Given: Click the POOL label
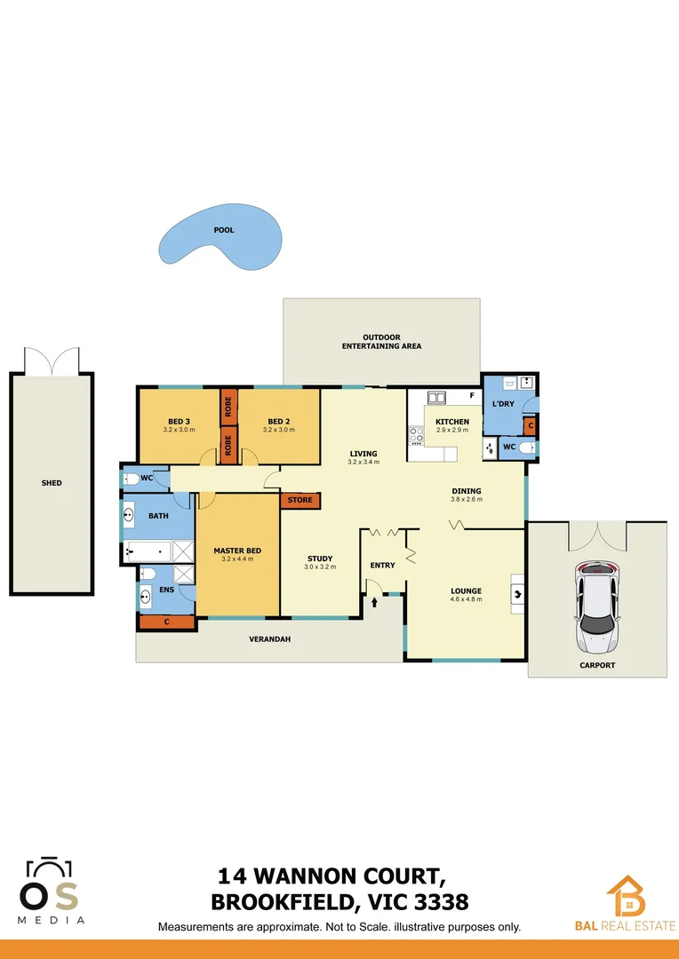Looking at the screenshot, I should click(x=224, y=230).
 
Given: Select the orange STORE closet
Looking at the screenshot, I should click(x=300, y=500).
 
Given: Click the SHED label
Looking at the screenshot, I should click(x=52, y=483).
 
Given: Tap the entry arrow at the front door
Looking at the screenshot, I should click(x=374, y=601).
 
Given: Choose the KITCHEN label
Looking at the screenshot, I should click(x=452, y=422).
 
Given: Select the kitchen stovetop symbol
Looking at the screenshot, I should click(x=416, y=435).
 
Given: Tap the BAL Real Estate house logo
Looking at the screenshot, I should click(x=627, y=897).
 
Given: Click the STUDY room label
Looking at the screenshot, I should click(x=320, y=559).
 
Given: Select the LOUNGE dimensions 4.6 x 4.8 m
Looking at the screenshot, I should click(x=466, y=599).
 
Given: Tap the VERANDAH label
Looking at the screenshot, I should click(x=270, y=638).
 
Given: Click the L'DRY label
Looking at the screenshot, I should click(x=504, y=404).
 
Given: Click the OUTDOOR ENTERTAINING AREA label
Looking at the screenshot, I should click(x=382, y=342).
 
